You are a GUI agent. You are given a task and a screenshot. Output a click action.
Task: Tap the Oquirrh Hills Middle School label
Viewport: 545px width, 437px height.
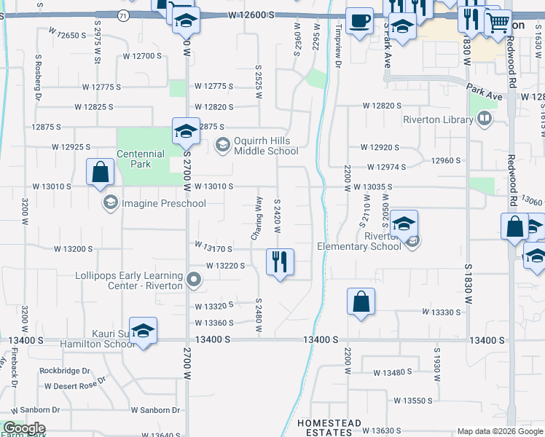[x=266, y=146]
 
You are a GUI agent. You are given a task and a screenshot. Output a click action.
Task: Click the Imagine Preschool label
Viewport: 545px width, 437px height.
[x=164, y=203]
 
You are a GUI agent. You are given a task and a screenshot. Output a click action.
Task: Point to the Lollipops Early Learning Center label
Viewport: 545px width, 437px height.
[x=129, y=280]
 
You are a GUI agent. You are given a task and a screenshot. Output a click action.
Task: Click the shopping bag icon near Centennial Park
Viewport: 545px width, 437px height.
[x=100, y=173]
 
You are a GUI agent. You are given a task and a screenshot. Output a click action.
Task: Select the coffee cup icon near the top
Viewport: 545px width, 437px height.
[x=358, y=20]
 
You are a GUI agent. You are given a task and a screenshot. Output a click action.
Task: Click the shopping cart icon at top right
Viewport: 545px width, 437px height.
[x=498, y=22]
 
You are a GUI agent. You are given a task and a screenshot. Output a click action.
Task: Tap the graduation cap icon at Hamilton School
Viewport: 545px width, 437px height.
[x=144, y=330]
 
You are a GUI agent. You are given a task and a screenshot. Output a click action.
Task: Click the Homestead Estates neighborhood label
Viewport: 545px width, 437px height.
[x=328, y=428]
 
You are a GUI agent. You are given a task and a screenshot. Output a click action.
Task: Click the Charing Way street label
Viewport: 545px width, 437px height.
[x=256, y=218]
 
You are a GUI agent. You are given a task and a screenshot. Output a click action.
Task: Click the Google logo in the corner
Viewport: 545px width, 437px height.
[x=24, y=428]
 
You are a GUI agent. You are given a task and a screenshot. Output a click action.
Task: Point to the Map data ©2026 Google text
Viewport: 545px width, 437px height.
[x=499, y=432]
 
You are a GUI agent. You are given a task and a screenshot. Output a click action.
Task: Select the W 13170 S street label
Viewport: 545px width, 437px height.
[x=213, y=249]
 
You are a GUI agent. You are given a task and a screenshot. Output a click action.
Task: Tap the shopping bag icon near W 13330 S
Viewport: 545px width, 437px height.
[x=361, y=302]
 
